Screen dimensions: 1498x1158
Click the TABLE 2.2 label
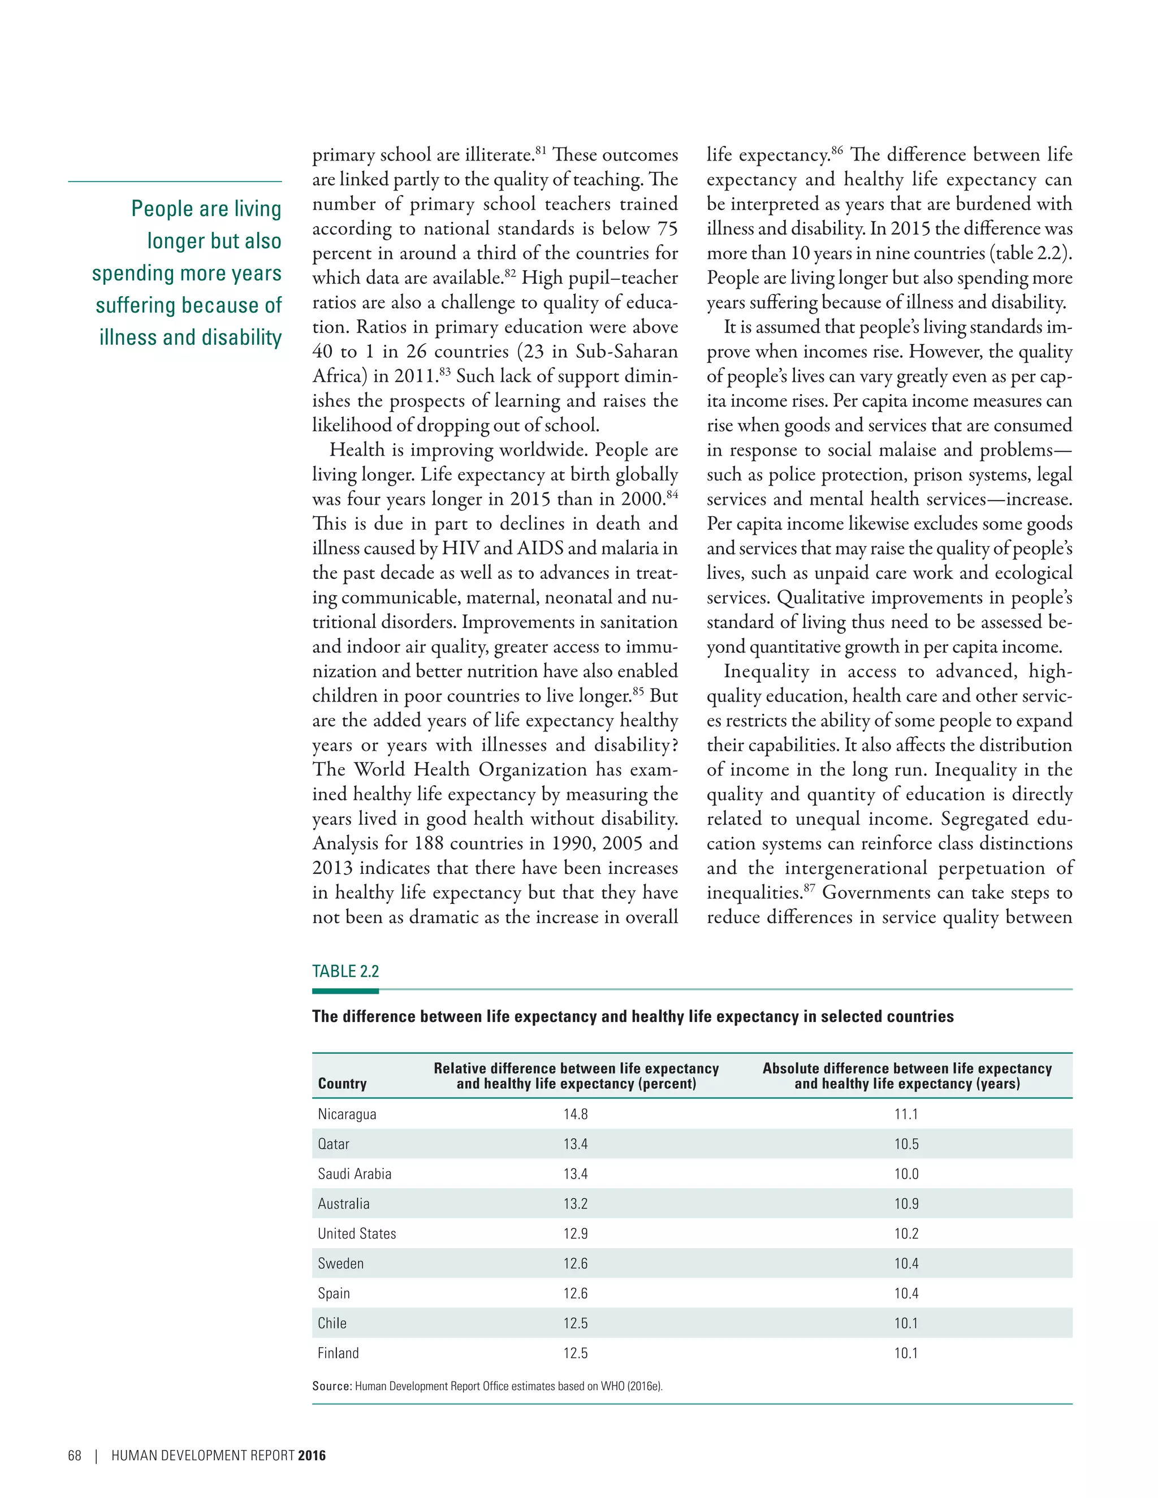345,971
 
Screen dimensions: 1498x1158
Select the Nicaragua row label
347,1114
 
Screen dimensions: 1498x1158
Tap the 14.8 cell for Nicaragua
576,1114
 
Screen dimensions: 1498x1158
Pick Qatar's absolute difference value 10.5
906,1144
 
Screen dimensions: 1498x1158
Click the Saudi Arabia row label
354,1174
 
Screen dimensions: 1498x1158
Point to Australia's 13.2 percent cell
576,1203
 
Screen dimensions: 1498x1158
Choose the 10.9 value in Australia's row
906,1203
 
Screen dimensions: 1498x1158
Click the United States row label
357,1233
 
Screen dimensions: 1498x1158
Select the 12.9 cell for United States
576,1233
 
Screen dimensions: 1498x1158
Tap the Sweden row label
340,1263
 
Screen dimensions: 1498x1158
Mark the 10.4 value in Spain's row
906,1293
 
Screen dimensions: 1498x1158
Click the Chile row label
332,1323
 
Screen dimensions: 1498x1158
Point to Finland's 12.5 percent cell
576,1353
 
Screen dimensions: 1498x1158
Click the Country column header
342,1084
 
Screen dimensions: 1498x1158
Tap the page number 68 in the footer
74,1456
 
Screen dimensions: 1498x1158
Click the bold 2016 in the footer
312,1456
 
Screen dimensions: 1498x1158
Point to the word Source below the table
331,1386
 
